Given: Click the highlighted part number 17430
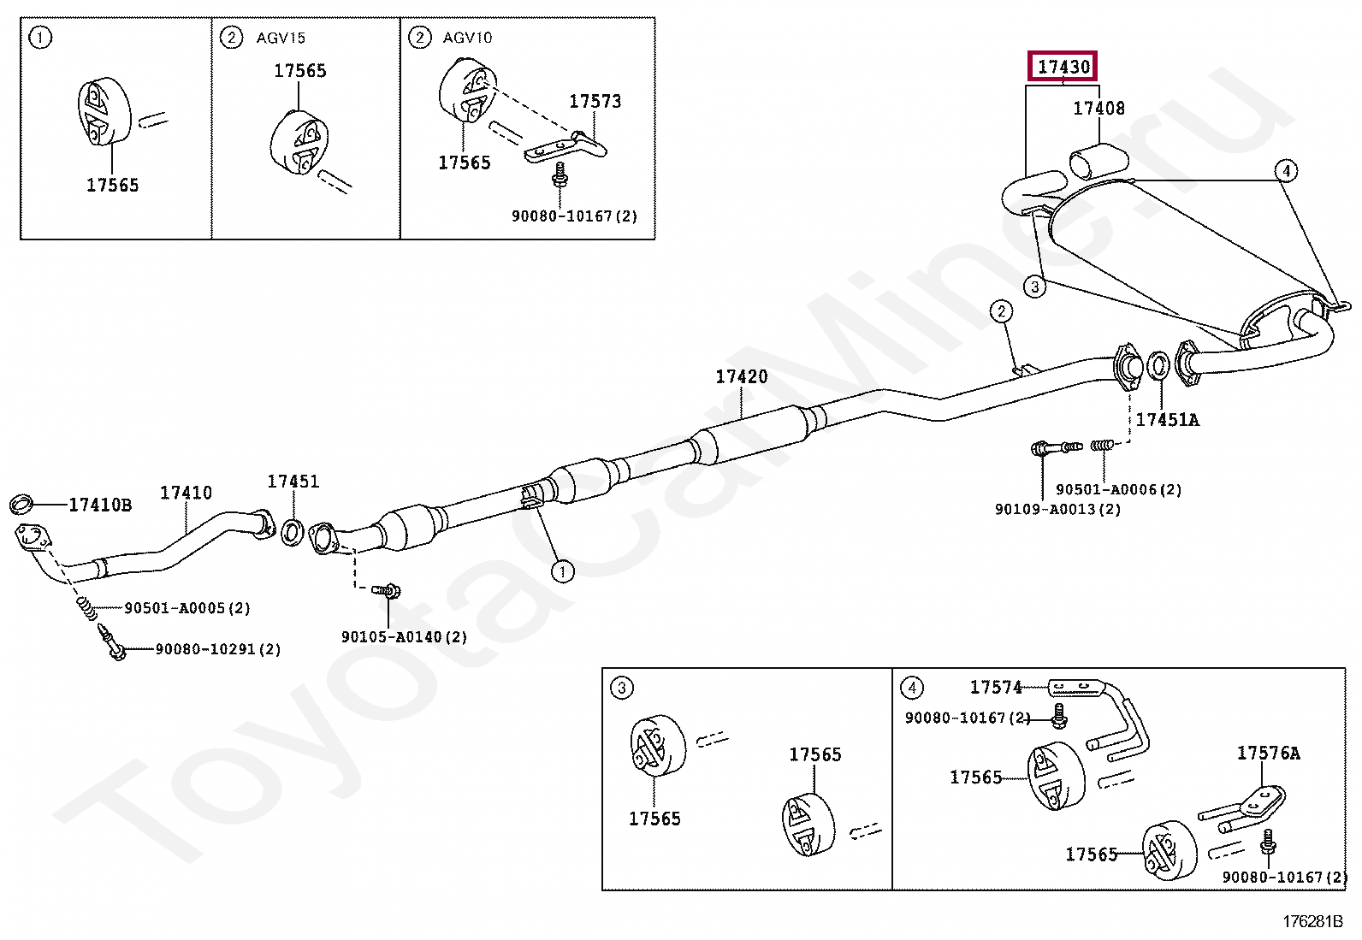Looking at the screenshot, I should [1063, 66].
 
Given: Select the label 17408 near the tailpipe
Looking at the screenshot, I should [1098, 109].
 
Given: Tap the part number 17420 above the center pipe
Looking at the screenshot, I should [741, 376].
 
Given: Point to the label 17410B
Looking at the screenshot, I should [100, 505].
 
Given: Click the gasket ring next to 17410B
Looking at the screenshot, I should [21, 504].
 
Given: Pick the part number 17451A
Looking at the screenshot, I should [1167, 420].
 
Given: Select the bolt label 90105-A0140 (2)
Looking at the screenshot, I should [404, 637].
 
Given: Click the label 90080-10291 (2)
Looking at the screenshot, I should [217, 649].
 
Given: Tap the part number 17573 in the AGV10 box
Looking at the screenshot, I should [595, 101].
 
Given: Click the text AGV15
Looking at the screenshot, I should [281, 38].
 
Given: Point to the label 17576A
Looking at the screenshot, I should [1268, 753].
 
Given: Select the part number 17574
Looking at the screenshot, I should [996, 687].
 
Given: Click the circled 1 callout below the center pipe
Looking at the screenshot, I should [562, 571].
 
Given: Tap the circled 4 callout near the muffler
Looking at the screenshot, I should [1286, 170].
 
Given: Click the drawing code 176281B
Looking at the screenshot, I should [1312, 921].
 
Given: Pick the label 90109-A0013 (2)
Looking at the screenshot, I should [1057, 509].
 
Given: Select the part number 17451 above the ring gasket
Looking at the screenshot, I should [293, 482].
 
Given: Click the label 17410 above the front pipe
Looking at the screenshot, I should [186, 493].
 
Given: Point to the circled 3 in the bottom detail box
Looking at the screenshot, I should [622, 688].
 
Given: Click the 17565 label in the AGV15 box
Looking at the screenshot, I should [299, 71].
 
